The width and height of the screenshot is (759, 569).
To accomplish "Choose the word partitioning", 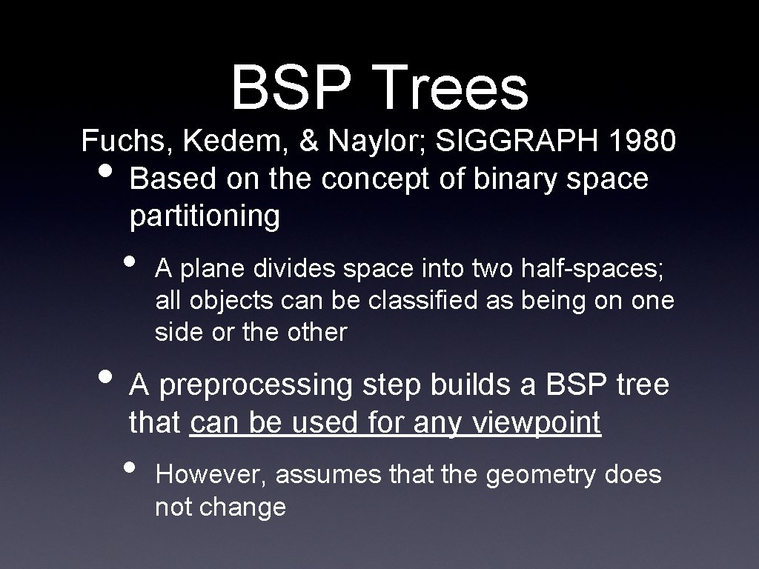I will click(205, 217).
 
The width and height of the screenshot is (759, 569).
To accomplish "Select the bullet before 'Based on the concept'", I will click(106, 173).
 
